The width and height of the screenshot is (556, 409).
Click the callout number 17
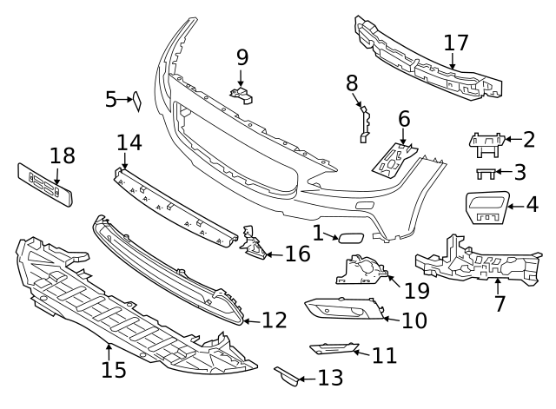(456, 43)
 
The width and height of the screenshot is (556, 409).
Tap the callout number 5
(110, 100)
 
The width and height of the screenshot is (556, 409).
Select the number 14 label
(129, 142)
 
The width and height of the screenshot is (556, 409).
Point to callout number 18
(63, 156)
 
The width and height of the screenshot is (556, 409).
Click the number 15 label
(113, 369)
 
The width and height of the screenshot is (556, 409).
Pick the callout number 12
(274, 320)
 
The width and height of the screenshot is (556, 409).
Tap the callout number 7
(499, 305)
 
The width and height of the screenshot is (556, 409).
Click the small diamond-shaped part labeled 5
(136, 102)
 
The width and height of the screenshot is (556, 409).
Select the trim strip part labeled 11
(334, 349)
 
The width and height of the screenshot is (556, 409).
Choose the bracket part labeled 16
(253, 245)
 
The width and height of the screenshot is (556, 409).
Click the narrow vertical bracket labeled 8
(364, 122)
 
